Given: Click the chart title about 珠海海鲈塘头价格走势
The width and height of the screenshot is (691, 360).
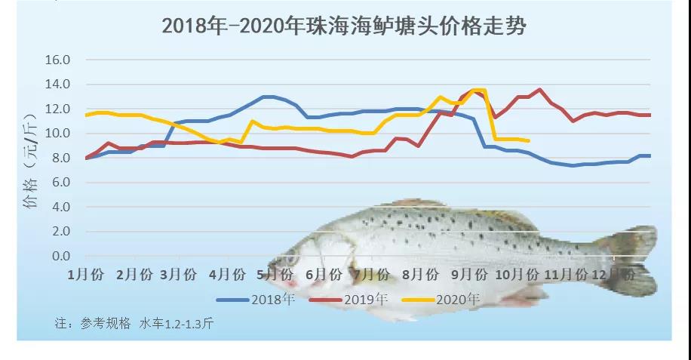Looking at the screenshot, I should [x=343, y=26].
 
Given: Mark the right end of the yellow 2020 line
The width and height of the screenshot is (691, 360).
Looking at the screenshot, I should [x=528, y=140].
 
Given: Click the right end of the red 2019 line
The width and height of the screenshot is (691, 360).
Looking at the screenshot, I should [x=650, y=115].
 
